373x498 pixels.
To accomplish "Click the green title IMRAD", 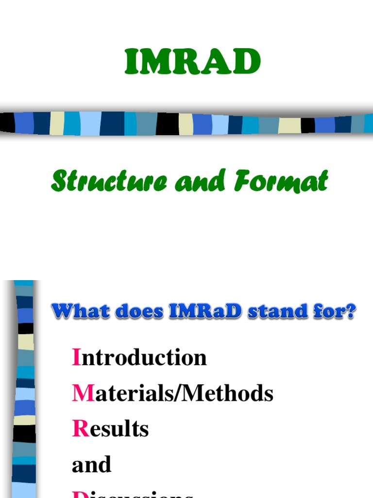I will click(193, 62).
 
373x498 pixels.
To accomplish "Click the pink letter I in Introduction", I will click(76, 357).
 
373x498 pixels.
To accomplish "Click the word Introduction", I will click(139, 357).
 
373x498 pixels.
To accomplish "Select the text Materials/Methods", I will click(173, 393).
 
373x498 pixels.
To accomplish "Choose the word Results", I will click(110, 429).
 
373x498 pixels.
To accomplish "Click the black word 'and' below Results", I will click(91, 464).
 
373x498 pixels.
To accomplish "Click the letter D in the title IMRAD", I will click(246, 62).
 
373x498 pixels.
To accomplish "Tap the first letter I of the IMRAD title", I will click(131, 62).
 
